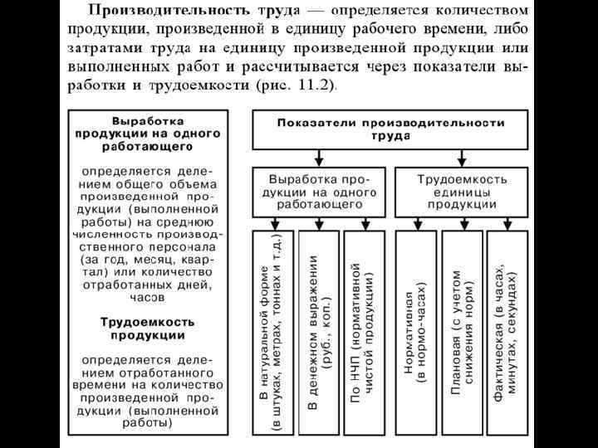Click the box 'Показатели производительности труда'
(391, 129)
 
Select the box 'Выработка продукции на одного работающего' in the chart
(320, 191)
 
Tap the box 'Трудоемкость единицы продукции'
(462, 191)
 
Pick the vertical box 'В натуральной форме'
(271, 332)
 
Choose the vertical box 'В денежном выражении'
(319, 332)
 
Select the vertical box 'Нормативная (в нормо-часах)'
(414, 332)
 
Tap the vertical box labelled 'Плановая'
(463, 332)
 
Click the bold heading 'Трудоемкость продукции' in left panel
(148, 329)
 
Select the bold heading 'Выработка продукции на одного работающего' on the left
(148, 132)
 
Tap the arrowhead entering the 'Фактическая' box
(507, 226)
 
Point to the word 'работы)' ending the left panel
(148, 422)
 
